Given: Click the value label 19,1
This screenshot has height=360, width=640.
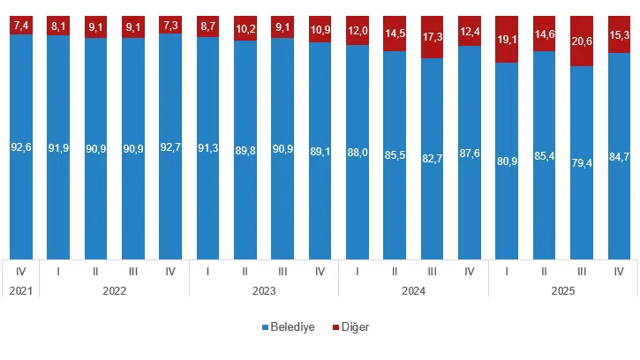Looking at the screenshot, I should coord(507,40).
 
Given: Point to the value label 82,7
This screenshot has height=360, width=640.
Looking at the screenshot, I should coord(433,160).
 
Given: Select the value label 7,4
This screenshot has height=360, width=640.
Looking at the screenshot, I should coord(21,26).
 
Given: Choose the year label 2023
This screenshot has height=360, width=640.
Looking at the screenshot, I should coord(264,289).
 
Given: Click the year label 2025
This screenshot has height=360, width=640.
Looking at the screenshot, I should coord(563,289).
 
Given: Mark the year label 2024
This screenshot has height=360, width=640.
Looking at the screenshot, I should coord(413,289).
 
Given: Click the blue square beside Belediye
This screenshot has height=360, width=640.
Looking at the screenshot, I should coord(265,327).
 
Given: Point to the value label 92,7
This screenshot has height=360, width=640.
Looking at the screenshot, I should coord(170,148).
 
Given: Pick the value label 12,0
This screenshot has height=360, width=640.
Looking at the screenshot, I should coord(358,30).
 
